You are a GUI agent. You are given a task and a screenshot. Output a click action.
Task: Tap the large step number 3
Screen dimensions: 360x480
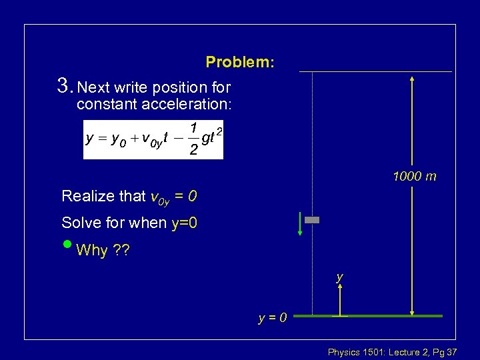pyautogui.click(x=64, y=85)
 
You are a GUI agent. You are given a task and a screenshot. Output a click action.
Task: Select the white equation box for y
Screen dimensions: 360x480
pyautogui.click(x=153, y=140)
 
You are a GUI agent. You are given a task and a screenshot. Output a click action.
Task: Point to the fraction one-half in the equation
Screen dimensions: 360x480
pyautogui.click(x=193, y=139)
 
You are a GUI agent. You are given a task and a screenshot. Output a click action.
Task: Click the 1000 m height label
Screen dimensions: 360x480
pyautogui.click(x=415, y=177)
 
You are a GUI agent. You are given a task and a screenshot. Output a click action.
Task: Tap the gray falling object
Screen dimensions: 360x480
pyautogui.click(x=312, y=219)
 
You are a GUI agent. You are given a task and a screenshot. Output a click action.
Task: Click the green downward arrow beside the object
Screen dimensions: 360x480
pyautogui.click(x=301, y=224)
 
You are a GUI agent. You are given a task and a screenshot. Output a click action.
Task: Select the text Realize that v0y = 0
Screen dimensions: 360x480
pyautogui.click(x=129, y=197)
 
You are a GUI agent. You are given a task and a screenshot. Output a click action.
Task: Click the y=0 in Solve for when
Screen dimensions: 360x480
pyautogui.click(x=184, y=223)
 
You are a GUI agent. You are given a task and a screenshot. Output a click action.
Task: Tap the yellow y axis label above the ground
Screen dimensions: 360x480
pyautogui.click(x=340, y=276)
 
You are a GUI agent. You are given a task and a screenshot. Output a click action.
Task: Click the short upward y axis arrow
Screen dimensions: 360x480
pyautogui.click(x=340, y=299)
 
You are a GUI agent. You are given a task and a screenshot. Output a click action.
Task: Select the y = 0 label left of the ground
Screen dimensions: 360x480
pyautogui.click(x=273, y=317)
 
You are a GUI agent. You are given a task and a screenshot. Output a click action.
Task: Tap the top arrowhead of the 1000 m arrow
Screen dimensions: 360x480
pyautogui.click(x=413, y=79)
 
